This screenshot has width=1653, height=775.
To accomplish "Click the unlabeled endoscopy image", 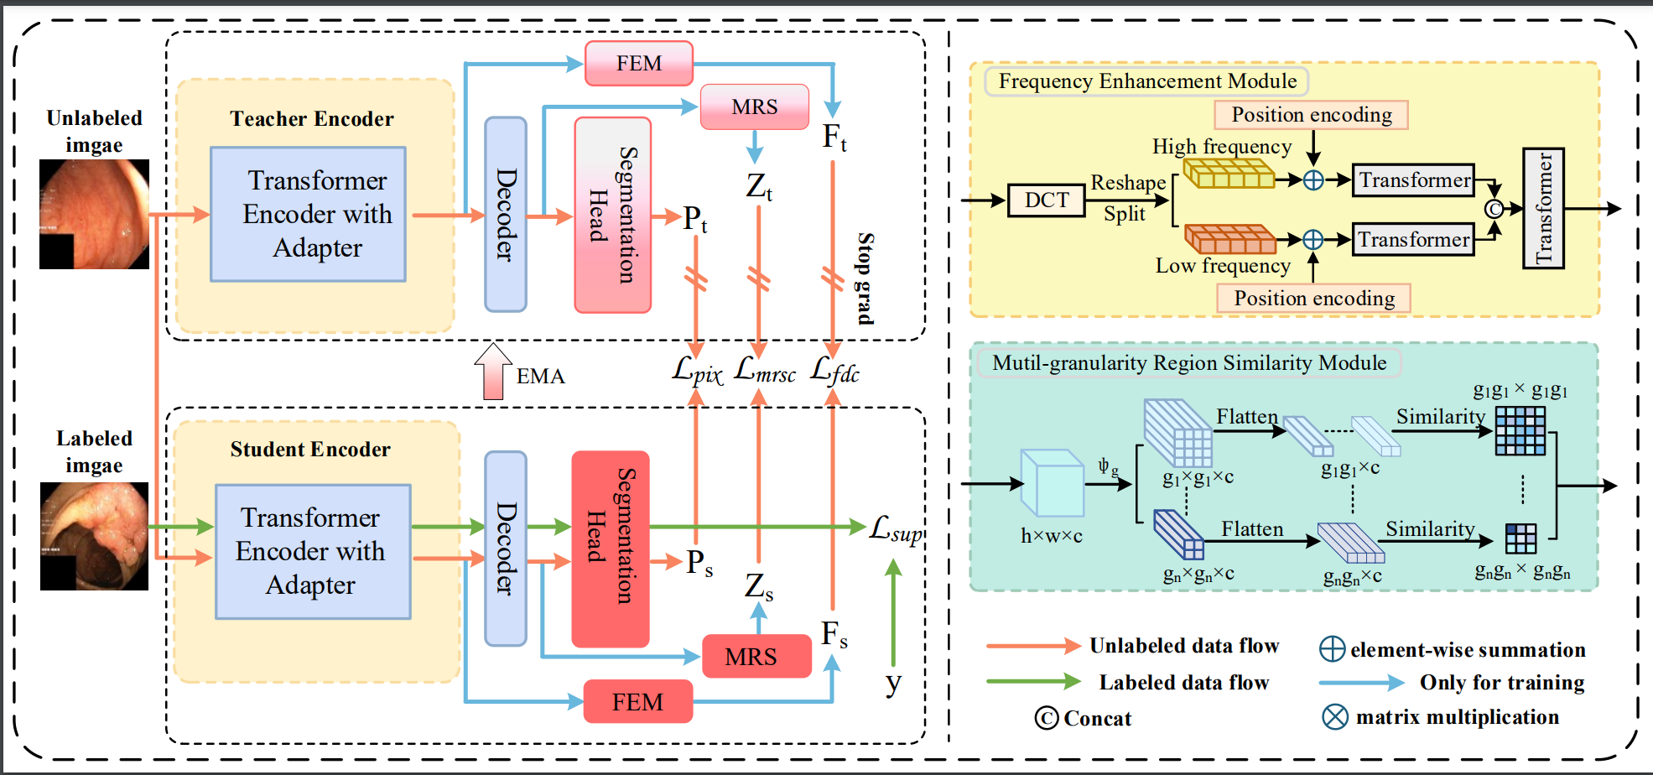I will tap(94, 214).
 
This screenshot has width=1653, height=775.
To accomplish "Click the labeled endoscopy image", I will tap(94, 536).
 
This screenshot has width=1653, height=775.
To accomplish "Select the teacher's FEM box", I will tap(639, 64).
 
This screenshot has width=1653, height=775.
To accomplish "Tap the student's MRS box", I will tap(756, 656).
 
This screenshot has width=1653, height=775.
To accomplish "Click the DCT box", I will tap(1046, 200).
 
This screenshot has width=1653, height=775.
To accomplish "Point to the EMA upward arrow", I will tap(493, 371).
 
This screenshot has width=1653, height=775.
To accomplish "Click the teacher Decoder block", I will tap(506, 215).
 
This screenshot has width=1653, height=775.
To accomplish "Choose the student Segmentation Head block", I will tap(611, 549).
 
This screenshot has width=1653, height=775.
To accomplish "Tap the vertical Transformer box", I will tap(1543, 209).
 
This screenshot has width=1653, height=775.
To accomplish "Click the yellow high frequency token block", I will tap(1229, 174).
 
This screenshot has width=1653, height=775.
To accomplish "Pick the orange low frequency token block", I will tap(1230, 239).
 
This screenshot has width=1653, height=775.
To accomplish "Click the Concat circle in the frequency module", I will tap(1494, 209).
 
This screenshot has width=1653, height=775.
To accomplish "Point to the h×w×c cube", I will tap(1052, 483).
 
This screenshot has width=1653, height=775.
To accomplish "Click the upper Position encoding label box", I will tap(1311, 115).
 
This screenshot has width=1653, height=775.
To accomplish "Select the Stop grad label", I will tap(865, 278).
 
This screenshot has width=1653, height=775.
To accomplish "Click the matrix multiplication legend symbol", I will tap(1334, 717).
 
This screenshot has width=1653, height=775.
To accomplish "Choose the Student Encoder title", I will tap(310, 450).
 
